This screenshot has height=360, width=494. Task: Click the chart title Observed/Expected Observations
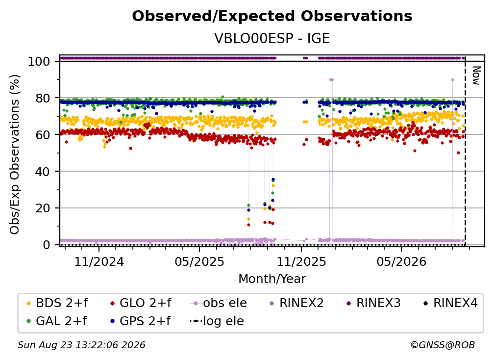click(272, 16)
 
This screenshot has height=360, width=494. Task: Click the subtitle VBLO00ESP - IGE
click(272, 38)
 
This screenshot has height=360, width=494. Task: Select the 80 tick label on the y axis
click(43, 98)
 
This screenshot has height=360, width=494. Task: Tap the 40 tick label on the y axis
click(43, 172)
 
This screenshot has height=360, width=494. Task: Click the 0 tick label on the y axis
click(47, 245)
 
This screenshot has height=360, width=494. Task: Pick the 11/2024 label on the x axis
click(99, 261)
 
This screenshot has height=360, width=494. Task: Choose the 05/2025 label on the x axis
click(199, 261)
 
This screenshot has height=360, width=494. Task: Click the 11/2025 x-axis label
click(301, 261)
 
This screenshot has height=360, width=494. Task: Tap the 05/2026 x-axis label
click(401, 261)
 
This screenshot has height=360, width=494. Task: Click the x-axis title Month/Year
click(272, 279)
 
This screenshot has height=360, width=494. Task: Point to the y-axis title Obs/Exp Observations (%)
click(15, 154)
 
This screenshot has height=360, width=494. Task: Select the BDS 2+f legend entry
click(57, 303)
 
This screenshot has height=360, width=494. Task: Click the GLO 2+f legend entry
click(141, 303)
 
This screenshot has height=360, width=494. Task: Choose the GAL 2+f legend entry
click(57, 321)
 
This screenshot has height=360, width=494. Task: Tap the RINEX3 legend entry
click(373, 303)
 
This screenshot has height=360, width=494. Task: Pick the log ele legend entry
click(217, 321)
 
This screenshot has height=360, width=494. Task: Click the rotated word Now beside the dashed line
click(476, 76)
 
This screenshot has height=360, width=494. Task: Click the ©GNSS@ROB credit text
click(443, 345)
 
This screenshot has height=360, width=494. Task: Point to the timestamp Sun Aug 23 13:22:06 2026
click(81, 345)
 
